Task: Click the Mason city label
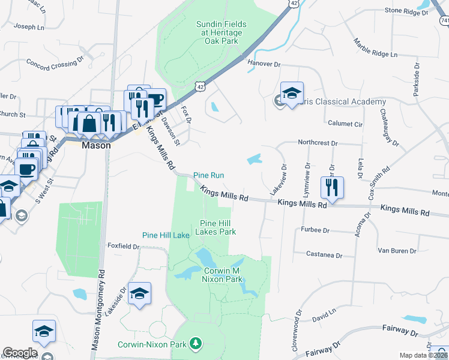coord(96,145)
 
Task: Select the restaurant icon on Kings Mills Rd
coord(331,188)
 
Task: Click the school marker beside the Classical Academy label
coord(292,94)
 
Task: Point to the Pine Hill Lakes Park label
coord(217,227)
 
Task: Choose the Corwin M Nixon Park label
coord(217,275)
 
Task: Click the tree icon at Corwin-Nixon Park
coord(195,343)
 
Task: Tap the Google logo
coord(20,353)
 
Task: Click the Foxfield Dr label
coord(124,245)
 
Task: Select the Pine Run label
coord(208,175)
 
